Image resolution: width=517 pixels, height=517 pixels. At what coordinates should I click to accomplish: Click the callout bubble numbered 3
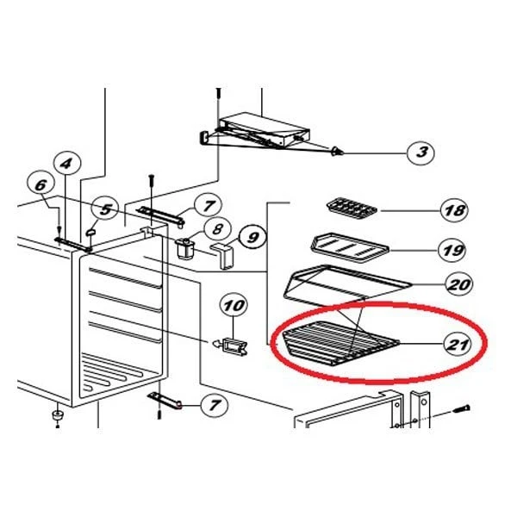click(x=420, y=153)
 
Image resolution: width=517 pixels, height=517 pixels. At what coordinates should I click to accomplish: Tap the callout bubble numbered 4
click(x=67, y=163)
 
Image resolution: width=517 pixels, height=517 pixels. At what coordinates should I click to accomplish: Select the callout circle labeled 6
click(x=40, y=185)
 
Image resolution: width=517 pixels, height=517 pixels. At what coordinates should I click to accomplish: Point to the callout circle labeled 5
click(x=105, y=209)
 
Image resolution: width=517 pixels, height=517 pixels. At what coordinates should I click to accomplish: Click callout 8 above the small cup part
click(x=217, y=229)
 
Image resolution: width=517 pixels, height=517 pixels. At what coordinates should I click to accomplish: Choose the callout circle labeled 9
click(x=252, y=237)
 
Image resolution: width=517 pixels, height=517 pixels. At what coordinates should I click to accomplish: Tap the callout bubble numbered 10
click(x=234, y=306)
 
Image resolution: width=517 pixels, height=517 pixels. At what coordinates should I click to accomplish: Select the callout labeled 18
click(x=455, y=210)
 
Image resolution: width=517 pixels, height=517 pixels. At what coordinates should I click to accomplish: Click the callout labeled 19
click(x=452, y=250)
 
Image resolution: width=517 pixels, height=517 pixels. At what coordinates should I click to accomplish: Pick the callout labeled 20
click(x=459, y=284)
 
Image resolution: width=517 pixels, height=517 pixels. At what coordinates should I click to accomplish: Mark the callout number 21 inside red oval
click(x=458, y=344)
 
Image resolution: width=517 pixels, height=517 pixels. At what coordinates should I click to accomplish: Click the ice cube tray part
click(x=352, y=209)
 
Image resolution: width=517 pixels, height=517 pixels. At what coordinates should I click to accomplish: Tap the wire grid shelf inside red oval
click(x=340, y=344)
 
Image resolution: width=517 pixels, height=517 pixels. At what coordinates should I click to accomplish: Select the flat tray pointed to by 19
click(x=350, y=247)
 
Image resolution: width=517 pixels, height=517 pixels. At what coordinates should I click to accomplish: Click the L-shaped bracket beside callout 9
click(x=222, y=256)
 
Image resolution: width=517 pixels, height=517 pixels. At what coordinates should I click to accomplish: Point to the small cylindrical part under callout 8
click(x=185, y=249)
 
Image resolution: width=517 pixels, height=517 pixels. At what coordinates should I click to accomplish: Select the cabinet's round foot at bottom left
click(x=58, y=415)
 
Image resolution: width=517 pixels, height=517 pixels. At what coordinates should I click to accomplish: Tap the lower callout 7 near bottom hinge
click(x=215, y=405)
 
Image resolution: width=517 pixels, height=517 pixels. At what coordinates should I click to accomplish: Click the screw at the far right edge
click(x=461, y=409)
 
